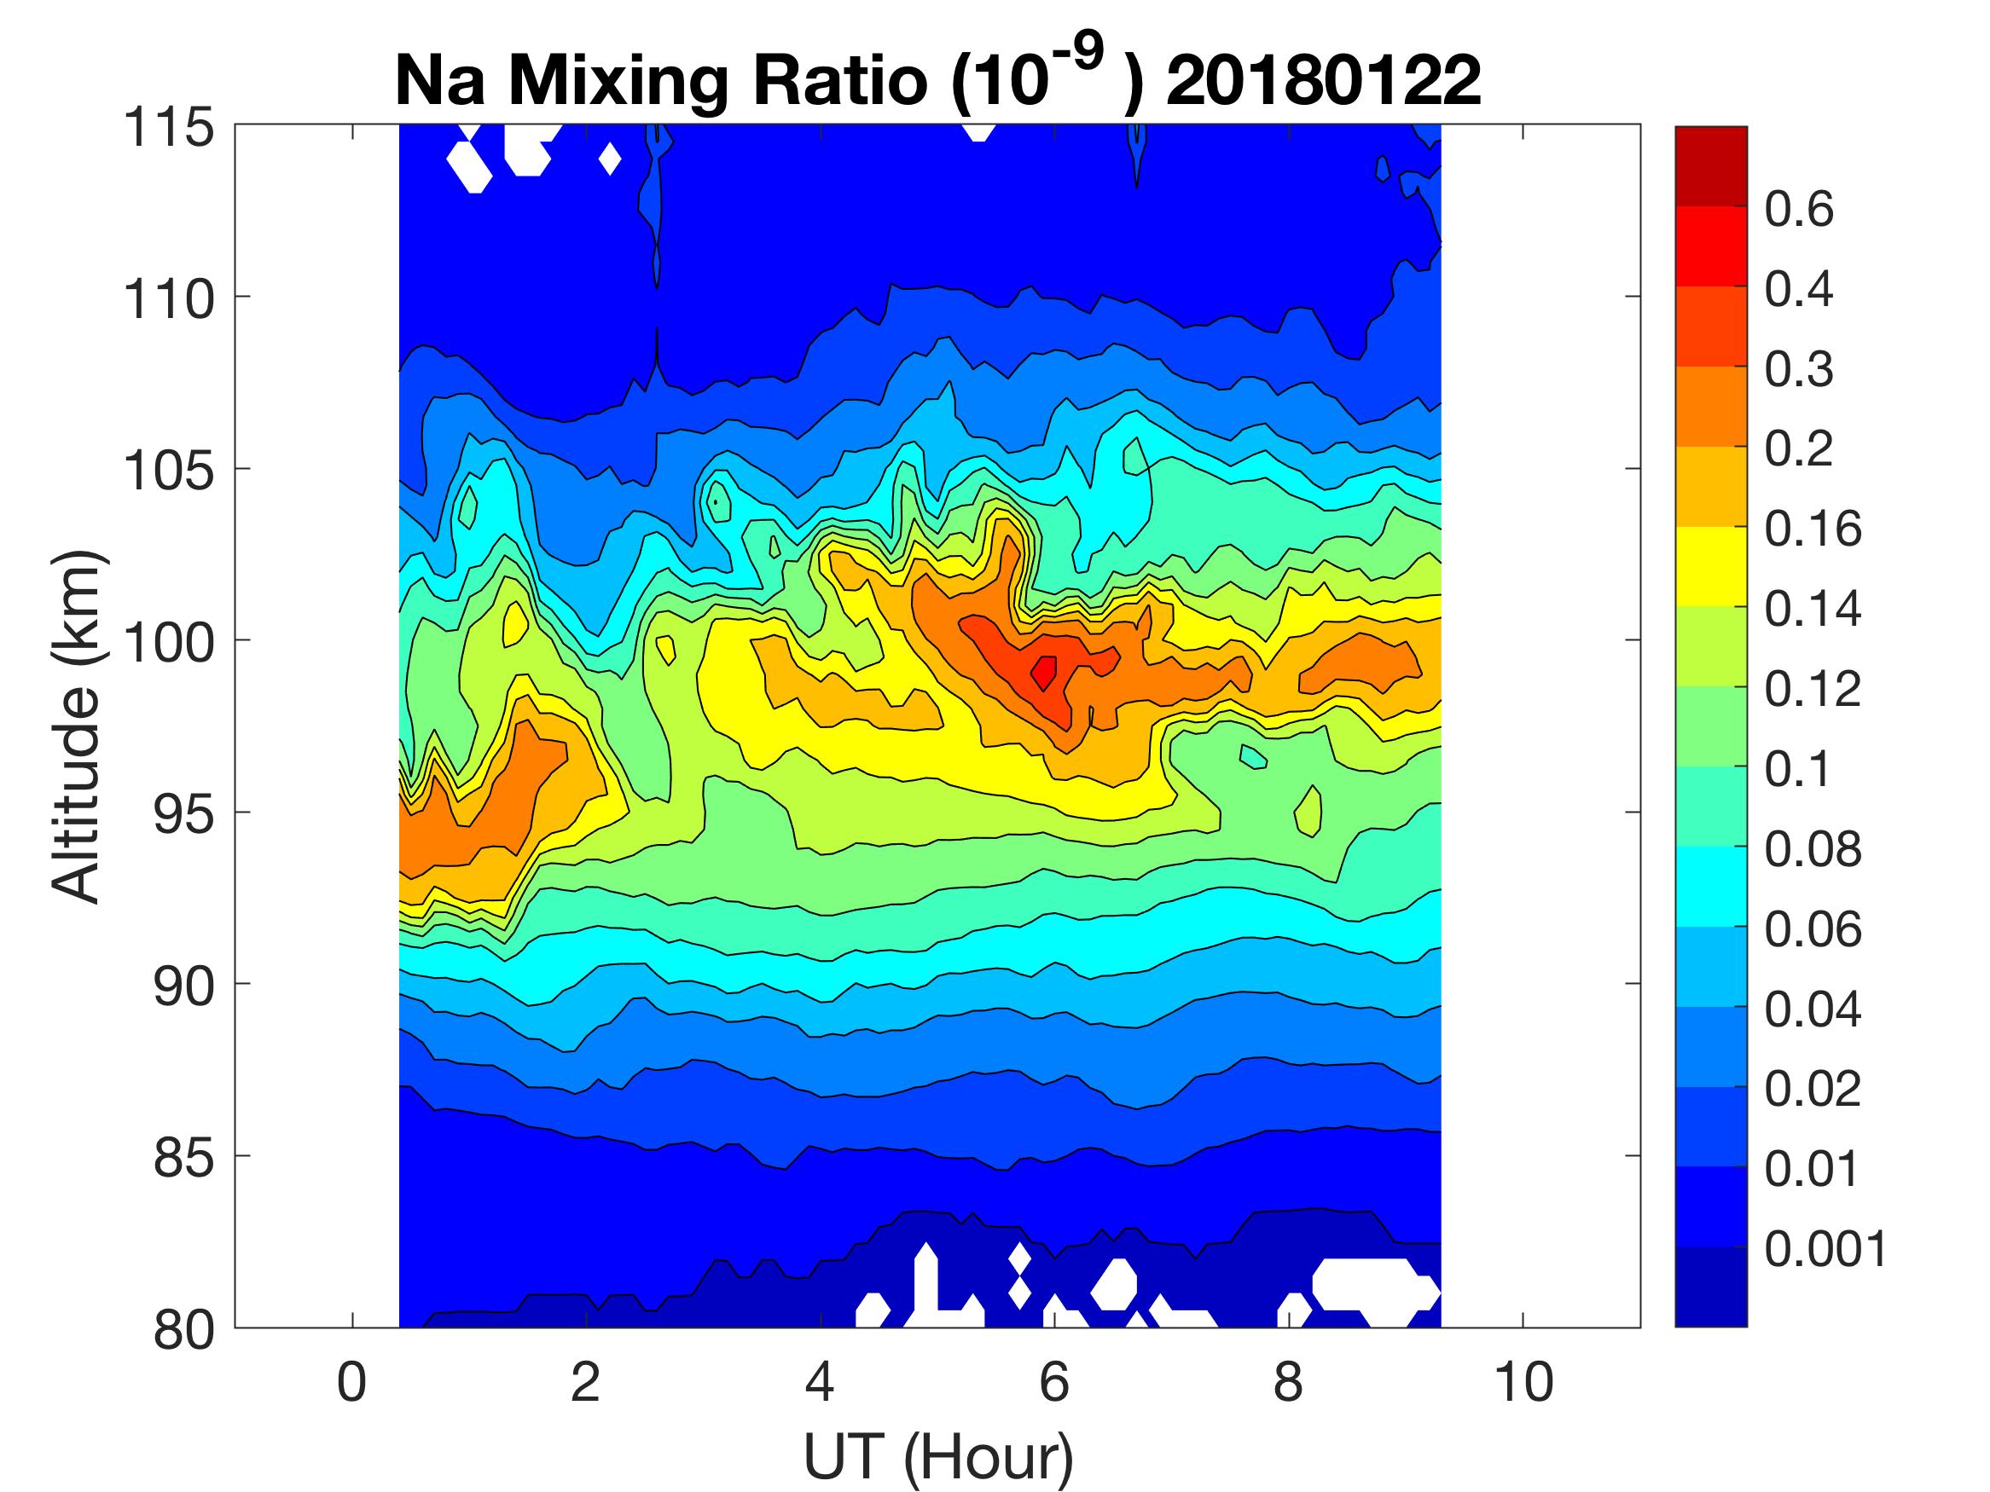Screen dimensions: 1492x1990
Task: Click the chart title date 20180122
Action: tap(1323, 81)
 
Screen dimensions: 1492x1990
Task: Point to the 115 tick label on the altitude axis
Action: tap(169, 128)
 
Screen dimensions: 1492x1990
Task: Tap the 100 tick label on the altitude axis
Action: tap(169, 642)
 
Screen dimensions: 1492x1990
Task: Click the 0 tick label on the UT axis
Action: tap(351, 1382)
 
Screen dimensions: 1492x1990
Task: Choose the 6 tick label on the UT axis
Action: tap(1054, 1382)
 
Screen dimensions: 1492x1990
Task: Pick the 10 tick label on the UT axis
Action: tap(1523, 1382)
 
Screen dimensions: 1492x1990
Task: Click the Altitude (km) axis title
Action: tap(76, 726)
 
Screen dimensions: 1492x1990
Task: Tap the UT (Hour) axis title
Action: tap(937, 1457)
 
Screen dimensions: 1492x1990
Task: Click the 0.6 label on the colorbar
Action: tap(1798, 210)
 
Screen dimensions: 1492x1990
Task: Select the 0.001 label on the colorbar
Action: tap(1825, 1249)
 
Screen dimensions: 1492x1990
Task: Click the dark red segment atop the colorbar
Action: tap(1710, 166)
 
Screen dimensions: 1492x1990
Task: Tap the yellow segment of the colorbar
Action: tap(1710, 567)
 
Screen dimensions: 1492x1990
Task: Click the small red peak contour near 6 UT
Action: tap(1043, 671)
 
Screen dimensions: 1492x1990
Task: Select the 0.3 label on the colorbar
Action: tap(1798, 370)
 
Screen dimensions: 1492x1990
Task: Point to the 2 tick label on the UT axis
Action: tap(586, 1382)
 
